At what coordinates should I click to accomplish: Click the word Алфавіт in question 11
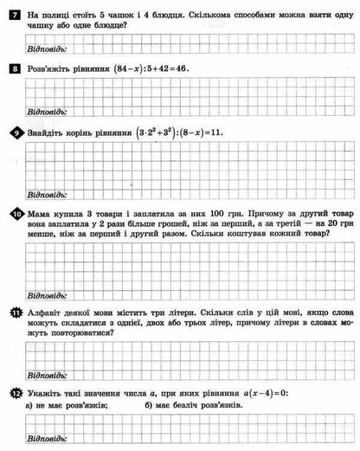[48, 312]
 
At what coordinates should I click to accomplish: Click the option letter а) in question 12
[32, 405]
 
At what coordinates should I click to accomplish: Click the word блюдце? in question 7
[105, 26]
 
